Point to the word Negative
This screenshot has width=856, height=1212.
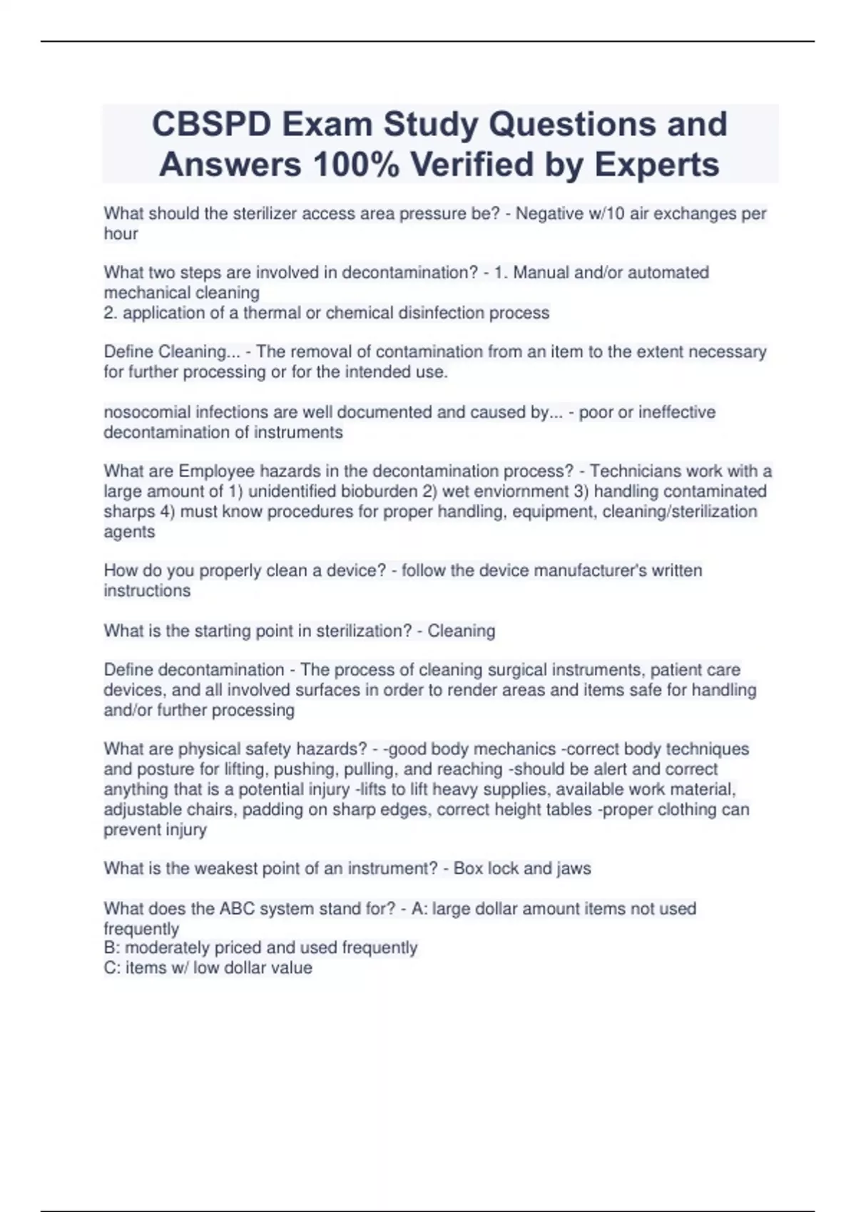(546, 213)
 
